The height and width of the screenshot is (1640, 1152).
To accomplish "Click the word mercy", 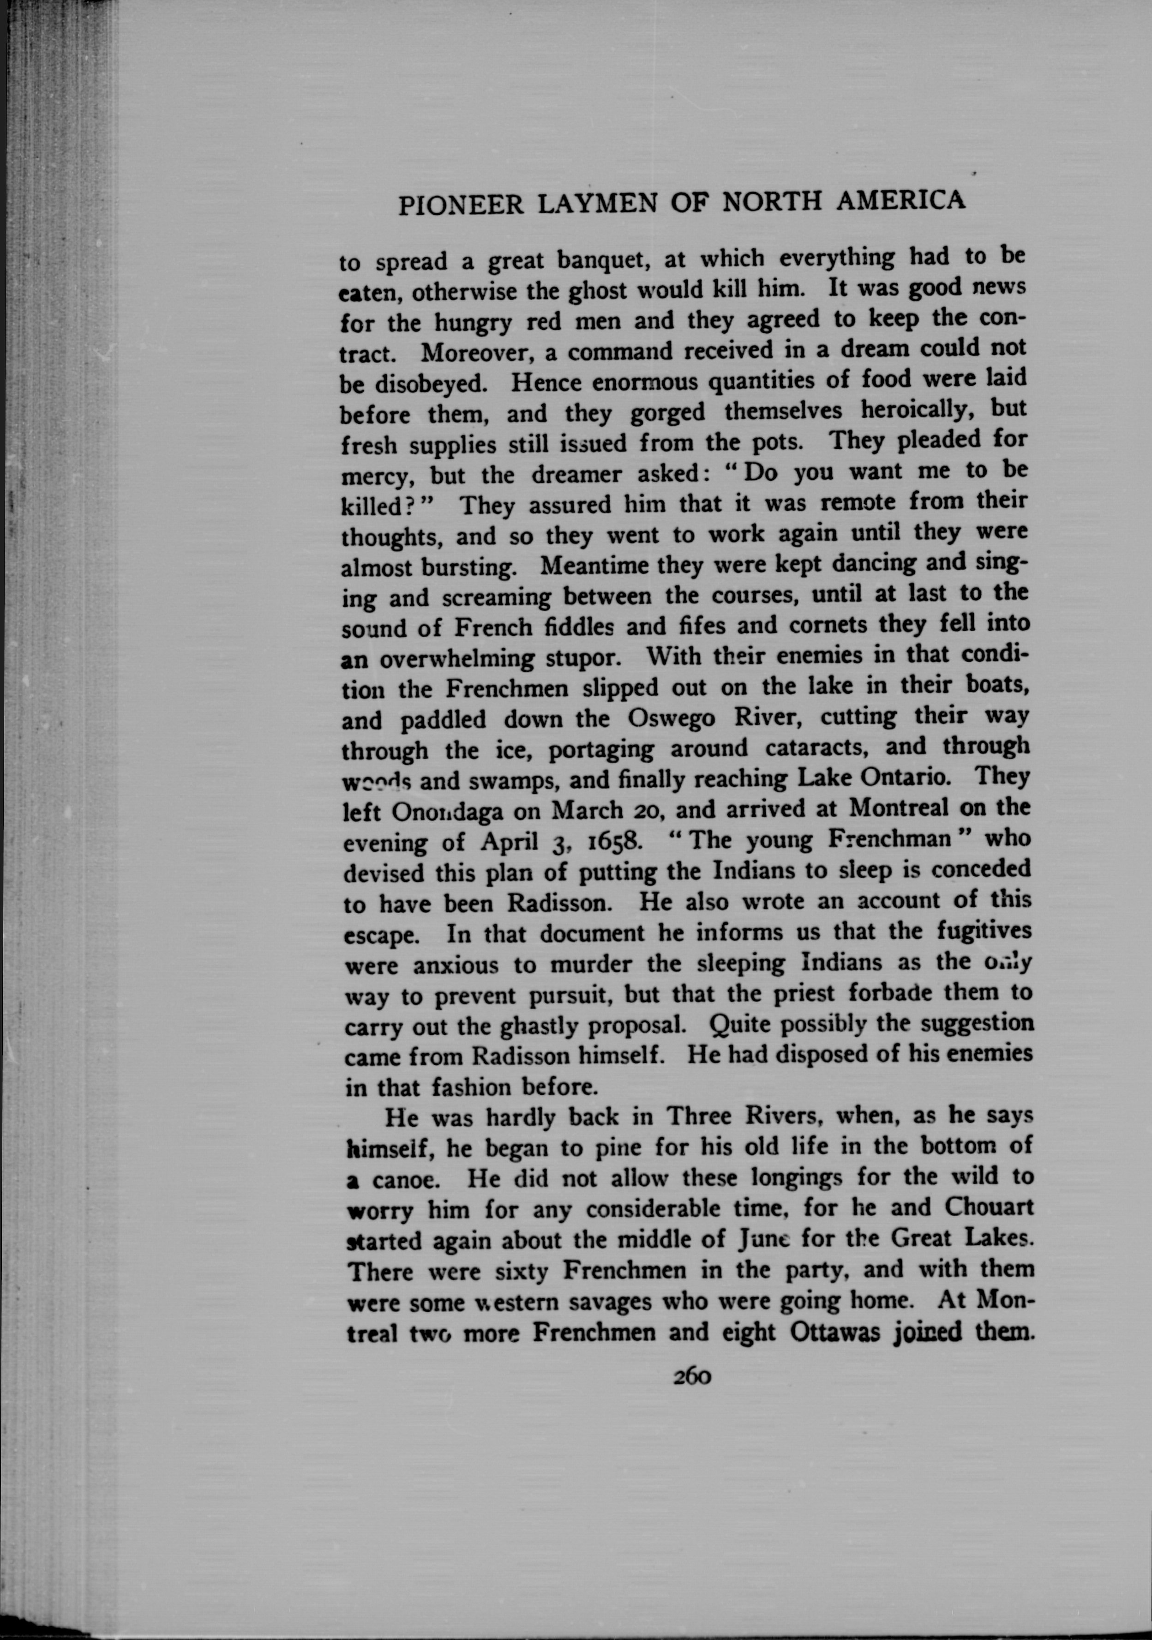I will tap(376, 476).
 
